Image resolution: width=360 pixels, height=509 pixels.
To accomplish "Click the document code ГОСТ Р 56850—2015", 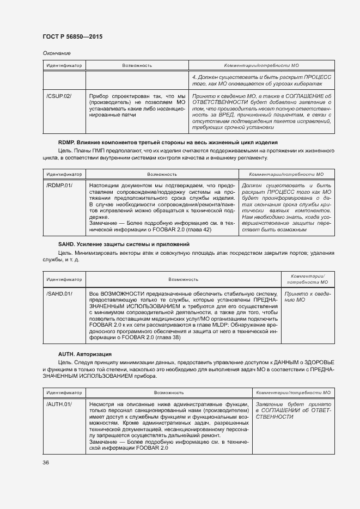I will tap(72, 36).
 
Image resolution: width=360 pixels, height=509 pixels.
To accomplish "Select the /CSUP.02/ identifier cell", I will tap(59, 96).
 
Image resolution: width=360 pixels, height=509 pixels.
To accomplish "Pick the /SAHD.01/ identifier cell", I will tap(59, 293).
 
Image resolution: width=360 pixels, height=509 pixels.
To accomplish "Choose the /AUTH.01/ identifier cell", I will tap(59, 404).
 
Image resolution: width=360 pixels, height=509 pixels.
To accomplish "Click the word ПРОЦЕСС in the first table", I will tap(317, 77).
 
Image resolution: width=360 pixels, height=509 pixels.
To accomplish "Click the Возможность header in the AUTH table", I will tap(168, 392).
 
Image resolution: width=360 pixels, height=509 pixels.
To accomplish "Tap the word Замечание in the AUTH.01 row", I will tap(102, 441).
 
